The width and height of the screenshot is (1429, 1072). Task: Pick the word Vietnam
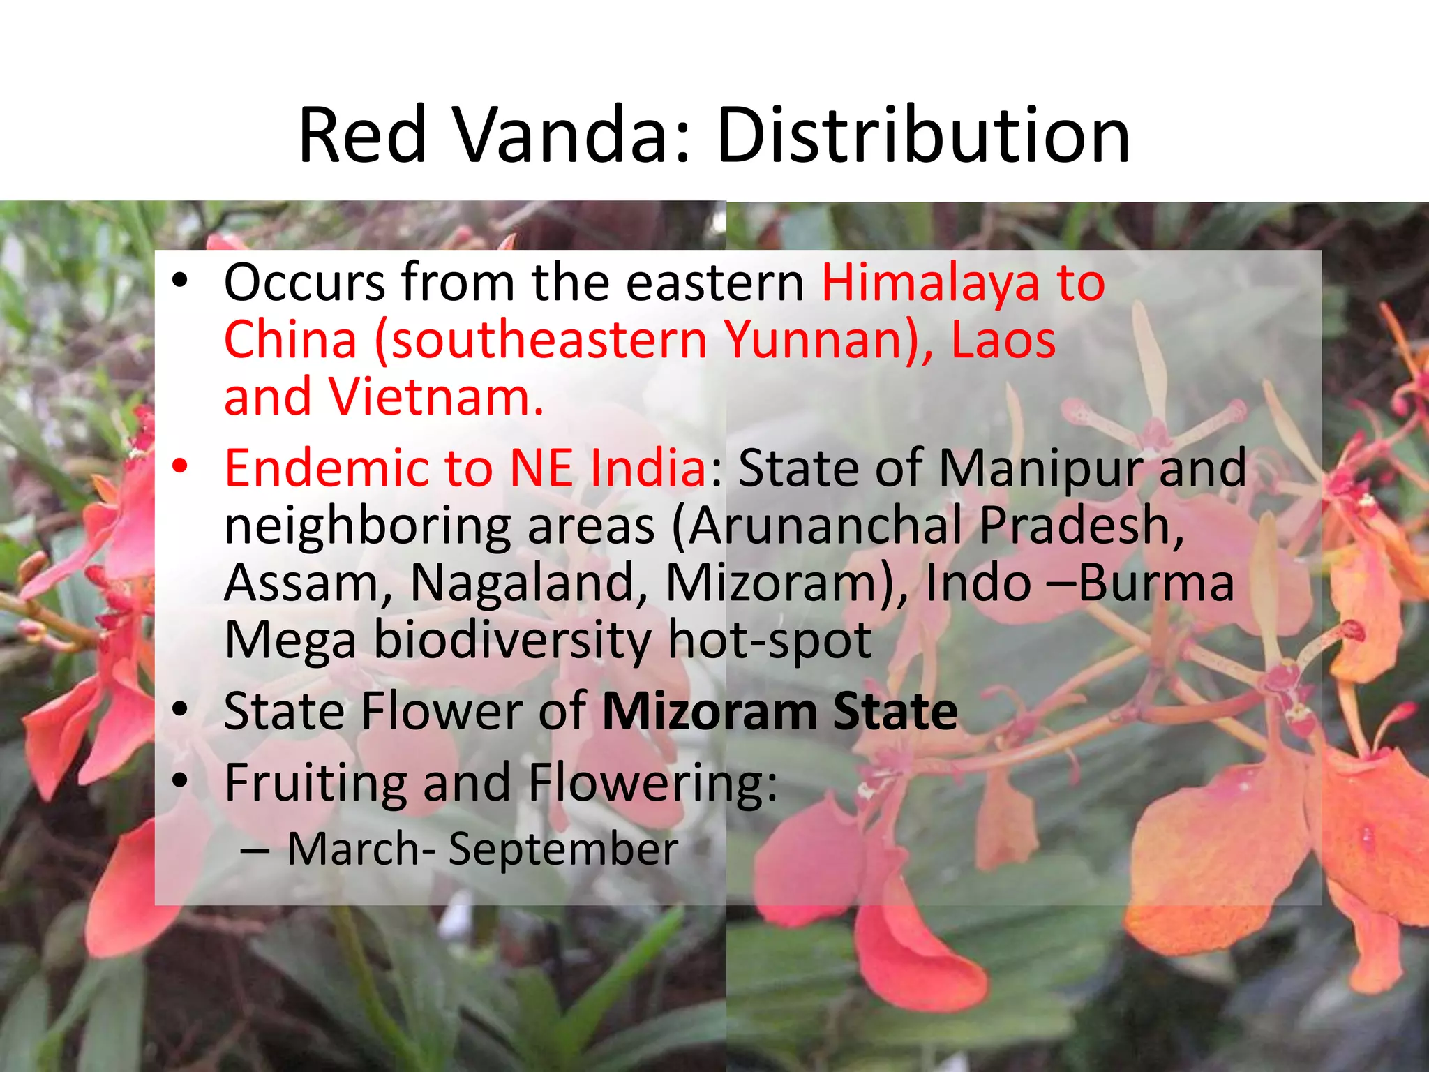pyautogui.click(x=435, y=397)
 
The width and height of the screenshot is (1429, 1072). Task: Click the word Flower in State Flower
pyautogui.click(x=440, y=711)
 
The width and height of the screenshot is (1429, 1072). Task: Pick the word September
pyautogui.click(x=563, y=849)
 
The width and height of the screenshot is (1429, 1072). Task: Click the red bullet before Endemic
pyautogui.click(x=180, y=466)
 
